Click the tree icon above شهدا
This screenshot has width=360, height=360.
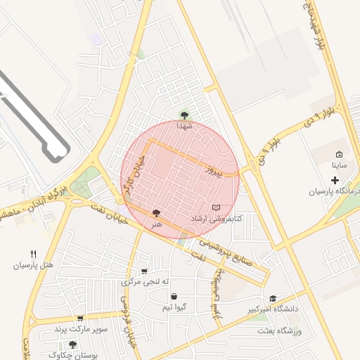pos(184,115)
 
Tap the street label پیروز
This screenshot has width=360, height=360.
pos(214,169)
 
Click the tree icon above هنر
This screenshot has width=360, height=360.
pos(156,212)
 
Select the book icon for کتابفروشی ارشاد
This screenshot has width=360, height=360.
pos(216,207)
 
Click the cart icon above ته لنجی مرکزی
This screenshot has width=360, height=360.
pos(145,271)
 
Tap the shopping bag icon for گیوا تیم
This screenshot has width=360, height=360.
pos(174,297)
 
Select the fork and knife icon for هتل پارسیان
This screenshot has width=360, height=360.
pos(33,254)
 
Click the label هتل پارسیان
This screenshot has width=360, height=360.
pos(33,266)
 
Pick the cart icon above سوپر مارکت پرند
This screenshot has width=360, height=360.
pos(80,319)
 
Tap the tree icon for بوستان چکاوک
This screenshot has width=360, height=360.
pos(72,345)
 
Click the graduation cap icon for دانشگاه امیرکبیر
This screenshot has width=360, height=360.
pos(273,298)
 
